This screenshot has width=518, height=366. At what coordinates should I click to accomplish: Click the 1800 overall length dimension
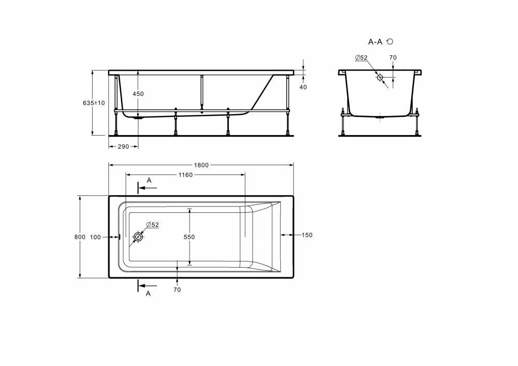(x=201, y=165)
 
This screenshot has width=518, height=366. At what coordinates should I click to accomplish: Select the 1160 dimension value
(x=185, y=175)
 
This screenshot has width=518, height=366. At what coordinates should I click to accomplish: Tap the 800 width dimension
(x=80, y=237)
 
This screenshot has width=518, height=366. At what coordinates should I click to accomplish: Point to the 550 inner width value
(x=189, y=237)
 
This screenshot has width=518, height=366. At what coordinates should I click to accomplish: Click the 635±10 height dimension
(x=94, y=103)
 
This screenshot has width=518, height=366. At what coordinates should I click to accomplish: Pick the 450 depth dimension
(x=138, y=94)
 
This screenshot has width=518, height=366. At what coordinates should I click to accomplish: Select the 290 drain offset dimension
(x=123, y=147)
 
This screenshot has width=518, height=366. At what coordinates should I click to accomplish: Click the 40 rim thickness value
(x=303, y=87)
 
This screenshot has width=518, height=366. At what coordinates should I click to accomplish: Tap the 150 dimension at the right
(x=307, y=235)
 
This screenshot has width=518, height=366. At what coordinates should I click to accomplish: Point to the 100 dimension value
(x=95, y=237)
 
